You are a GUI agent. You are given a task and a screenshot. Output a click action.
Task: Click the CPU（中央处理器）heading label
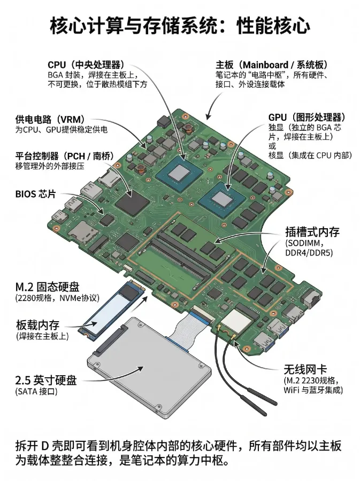tap(86, 65)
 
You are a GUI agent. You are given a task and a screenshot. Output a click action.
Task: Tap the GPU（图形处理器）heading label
tap(307, 118)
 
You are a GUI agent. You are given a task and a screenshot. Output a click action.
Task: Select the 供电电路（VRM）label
tap(50, 119)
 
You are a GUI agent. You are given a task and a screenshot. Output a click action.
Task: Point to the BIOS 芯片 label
tap(36, 194)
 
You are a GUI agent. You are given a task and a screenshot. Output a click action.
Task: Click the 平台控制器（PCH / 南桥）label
tap(64, 156)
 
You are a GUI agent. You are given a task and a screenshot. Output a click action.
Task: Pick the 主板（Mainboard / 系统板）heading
tap(272, 65)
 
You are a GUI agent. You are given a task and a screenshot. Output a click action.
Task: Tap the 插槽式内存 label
tap(312, 232)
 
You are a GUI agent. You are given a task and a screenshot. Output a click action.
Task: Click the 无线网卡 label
tap(305, 369)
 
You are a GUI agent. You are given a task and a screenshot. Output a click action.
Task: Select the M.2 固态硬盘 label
tap(48, 287)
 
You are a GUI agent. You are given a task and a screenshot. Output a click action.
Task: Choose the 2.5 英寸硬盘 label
tap(46, 381)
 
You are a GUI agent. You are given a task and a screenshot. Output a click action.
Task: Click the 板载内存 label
tap(38, 325)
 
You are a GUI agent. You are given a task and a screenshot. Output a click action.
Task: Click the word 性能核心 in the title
tap(273, 26)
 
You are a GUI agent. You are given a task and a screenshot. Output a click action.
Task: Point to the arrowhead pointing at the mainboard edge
tap(209, 117)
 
